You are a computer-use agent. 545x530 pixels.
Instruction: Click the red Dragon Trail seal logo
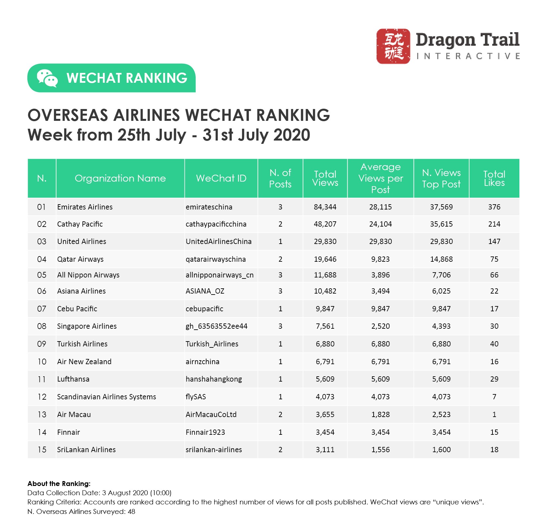(x=393, y=46)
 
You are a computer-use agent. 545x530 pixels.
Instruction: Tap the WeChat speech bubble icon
(x=47, y=78)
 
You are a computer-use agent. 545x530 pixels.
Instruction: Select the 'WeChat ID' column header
(x=221, y=178)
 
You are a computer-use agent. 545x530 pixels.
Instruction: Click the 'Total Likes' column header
(x=494, y=178)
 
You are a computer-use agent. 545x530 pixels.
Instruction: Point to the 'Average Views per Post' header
(x=381, y=178)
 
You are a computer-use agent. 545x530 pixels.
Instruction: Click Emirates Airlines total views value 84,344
(x=325, y=207)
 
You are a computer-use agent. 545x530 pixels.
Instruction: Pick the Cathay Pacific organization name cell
(x=80, y=224)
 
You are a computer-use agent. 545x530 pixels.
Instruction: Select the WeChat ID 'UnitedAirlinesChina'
(x=219, y=241)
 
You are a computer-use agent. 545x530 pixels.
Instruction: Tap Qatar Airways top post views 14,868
(x=441, y=259)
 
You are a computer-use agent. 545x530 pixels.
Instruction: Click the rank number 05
(x=42, y=275)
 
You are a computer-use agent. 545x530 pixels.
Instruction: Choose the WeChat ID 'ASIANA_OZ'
(x=205, y=291)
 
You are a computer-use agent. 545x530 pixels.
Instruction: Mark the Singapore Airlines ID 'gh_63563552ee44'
(x=216, y=326)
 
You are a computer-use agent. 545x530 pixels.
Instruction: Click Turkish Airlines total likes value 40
(x=494, y=344)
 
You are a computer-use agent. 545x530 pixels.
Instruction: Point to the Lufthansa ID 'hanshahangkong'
(x=214, y=379)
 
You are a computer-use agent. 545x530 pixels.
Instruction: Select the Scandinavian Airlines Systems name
(x=106, y=397)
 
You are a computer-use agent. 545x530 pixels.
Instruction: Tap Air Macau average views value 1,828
(x=381, y=414)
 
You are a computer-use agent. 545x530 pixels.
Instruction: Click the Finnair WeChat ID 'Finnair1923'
(x=205, y=432)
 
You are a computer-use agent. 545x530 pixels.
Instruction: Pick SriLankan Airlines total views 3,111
(x=325, y=450)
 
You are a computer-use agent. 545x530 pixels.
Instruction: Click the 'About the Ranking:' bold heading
(x=59, y=483)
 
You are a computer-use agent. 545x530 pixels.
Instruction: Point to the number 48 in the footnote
(x=131, y=511)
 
